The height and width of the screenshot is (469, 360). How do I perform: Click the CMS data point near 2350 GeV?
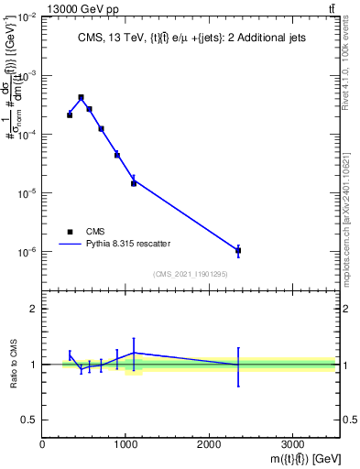(238, 250)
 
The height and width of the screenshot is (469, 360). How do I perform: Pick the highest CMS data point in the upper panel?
(81, 97)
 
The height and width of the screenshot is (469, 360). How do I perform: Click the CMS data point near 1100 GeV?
(134, 183)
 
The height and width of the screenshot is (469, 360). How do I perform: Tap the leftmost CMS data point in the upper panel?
(70, 115)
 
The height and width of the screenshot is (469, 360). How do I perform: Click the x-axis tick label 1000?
(125, 444)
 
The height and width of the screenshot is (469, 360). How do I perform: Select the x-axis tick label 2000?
(209, 444)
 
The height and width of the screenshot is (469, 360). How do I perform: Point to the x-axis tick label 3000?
(292, 444)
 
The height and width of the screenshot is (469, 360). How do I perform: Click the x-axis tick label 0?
(43, 444)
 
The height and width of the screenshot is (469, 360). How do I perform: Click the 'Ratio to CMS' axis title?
(13, 364)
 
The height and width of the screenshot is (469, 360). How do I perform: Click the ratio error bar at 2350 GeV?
(238, 366)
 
